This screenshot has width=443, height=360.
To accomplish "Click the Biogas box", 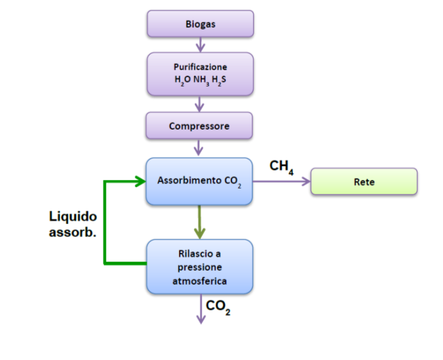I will (x=200, y=24).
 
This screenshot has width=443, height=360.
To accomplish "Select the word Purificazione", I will (x=200, y=67).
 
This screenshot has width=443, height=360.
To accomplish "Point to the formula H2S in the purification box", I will (x=218, y=80).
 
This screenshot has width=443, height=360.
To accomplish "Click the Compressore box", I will (x=199, y=127).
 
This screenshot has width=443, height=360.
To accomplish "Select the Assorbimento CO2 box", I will (x=199, y=182).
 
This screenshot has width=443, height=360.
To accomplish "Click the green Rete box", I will (x=364, y=182).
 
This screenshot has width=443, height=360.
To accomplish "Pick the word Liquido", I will (x=73, y=216).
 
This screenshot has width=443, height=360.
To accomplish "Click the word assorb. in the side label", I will (x=73, y=232).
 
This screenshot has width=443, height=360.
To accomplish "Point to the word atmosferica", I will (x=200, y=281).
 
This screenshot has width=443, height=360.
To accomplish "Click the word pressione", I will (x=200, y=268).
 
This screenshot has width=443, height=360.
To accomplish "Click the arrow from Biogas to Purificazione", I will (x=201, y=44).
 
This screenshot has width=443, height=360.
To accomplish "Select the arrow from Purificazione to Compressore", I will (x=201, y=104).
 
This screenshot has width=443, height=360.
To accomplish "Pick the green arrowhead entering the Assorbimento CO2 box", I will (x=140, y=181).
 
